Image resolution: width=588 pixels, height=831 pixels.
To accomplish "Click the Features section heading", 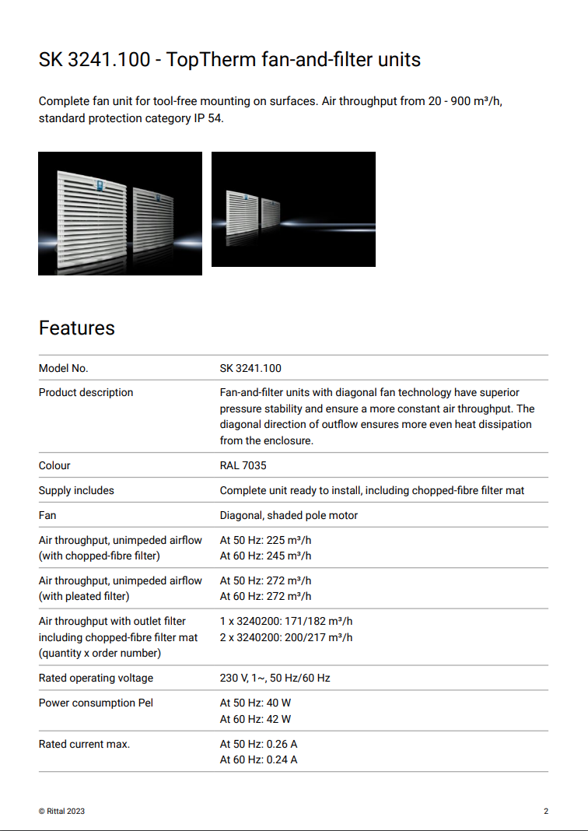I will (77, 328).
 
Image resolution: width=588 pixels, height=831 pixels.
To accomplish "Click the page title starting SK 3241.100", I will (229, 59).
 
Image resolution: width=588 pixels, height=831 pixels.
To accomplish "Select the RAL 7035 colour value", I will (243, 465).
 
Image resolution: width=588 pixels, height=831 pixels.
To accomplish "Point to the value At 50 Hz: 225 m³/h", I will (265, 540).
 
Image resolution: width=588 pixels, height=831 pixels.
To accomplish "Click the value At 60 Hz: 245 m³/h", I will (265, 556).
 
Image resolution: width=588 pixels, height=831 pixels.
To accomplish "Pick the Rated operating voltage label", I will (96, 678).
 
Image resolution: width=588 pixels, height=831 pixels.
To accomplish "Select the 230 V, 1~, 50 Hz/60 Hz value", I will (275, 678).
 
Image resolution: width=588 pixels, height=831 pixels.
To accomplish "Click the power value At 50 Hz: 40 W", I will (255, 703).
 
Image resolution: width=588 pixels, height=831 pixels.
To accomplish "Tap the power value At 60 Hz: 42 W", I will (255, 719).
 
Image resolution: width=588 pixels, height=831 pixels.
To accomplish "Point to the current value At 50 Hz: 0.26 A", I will (258, 744).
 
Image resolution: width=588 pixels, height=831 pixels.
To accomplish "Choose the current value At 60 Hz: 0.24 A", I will (258, 759).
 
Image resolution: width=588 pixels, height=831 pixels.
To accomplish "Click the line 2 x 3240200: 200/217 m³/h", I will (286, 637).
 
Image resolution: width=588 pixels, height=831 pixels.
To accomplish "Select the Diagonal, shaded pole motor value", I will (289, 515).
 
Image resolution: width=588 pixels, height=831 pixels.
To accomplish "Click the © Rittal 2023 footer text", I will (61, 811).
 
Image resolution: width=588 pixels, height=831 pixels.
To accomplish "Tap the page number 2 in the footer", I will (546, 811).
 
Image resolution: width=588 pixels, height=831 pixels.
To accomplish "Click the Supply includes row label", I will (76, 490).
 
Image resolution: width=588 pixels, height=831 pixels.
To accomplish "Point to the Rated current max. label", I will (84, 744).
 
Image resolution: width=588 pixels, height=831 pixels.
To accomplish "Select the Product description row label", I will (86, 392).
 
